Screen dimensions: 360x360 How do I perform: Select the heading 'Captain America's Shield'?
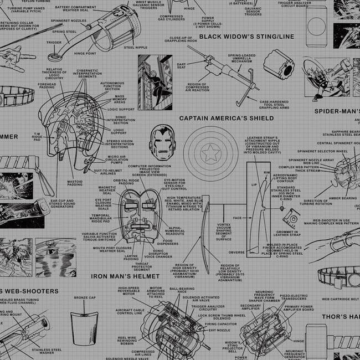coord(219,118)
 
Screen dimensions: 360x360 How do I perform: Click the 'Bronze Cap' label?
coord(85,298)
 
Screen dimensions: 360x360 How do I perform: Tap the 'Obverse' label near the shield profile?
coord(236,252)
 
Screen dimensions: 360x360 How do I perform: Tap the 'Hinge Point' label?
coord(85,53)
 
